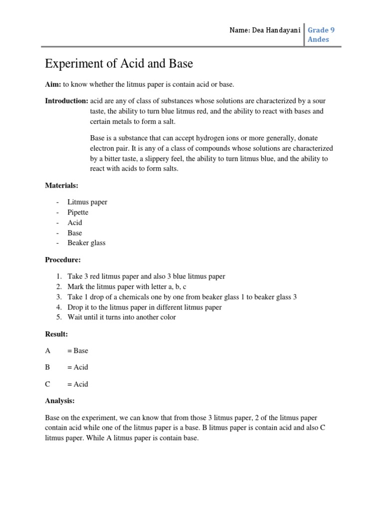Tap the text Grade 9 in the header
[322, 30]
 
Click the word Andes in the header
[319, 39]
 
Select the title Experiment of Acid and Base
[119, 64]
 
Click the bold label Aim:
[53, 85]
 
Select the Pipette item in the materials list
[78, 212]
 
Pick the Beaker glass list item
[87, 243]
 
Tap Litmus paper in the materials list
[88, 202]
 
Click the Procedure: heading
[63, 259]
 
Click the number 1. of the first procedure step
[59, 276]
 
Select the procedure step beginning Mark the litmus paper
[127, 286]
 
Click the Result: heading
[56, 333]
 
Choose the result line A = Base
[67, 350]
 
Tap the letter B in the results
[48, 367]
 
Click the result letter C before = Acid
[48, 384]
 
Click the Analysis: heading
[60, 400]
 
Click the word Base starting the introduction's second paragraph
[98, 138]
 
